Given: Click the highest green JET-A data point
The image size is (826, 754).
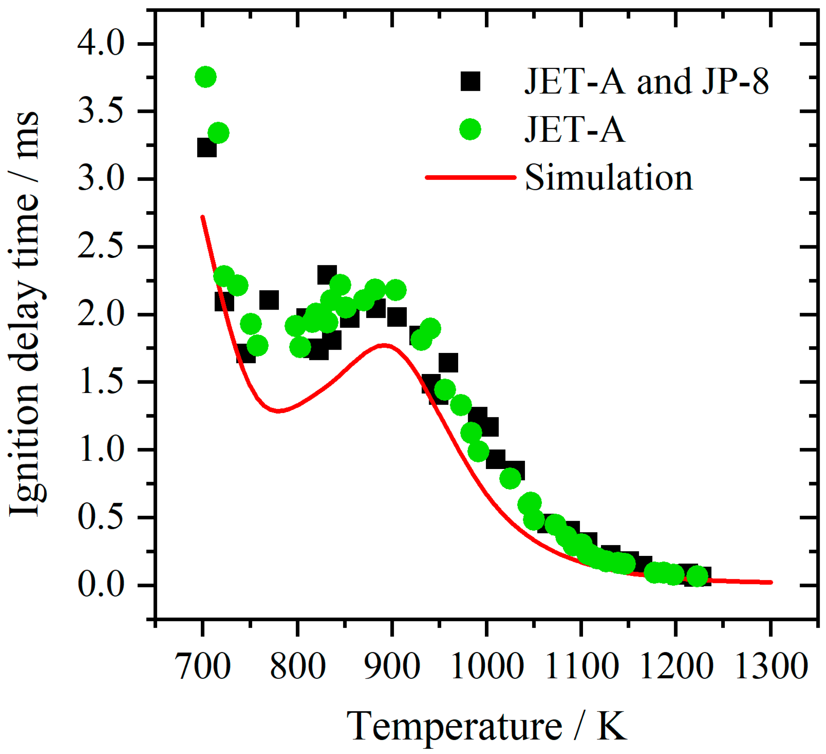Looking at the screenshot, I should pos(206,77).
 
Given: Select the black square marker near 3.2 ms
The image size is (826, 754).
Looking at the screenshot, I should pos(206,148).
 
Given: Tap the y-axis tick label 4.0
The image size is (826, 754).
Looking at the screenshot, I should pos(100,44).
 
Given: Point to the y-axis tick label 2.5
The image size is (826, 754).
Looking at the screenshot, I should pos(100,247).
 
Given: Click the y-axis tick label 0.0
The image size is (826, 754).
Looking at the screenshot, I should pos(100,585).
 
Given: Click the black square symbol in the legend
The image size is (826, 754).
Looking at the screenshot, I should pos(470,81).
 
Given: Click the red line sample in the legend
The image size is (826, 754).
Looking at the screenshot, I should pos(471,177).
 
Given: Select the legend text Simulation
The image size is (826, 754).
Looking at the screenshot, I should pos(609,178).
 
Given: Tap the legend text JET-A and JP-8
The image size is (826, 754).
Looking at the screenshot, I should pos(647,81).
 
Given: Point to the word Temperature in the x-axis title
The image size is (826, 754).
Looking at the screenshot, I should pos(455,727).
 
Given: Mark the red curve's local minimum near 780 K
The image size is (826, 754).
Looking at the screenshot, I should pos(279,410).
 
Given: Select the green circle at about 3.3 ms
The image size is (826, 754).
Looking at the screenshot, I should pos(218,133).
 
